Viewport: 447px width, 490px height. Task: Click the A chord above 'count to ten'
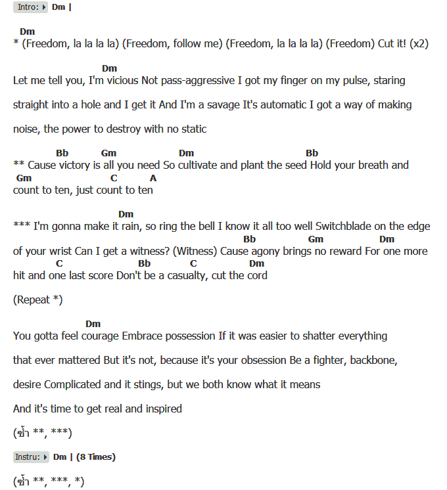pos(153,178)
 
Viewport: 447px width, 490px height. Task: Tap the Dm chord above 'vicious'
pos(109,68)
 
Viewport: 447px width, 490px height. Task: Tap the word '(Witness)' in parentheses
pos(197,252)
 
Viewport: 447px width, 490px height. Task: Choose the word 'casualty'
pos(185,276)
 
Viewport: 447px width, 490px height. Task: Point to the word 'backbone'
pos(370,361)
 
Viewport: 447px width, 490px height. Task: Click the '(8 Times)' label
pos(96,457)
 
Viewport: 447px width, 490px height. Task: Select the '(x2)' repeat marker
pos(419,45)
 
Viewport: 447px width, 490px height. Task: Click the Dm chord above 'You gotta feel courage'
pos(93,324)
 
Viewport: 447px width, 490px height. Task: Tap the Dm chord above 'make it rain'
pos(126,214)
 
